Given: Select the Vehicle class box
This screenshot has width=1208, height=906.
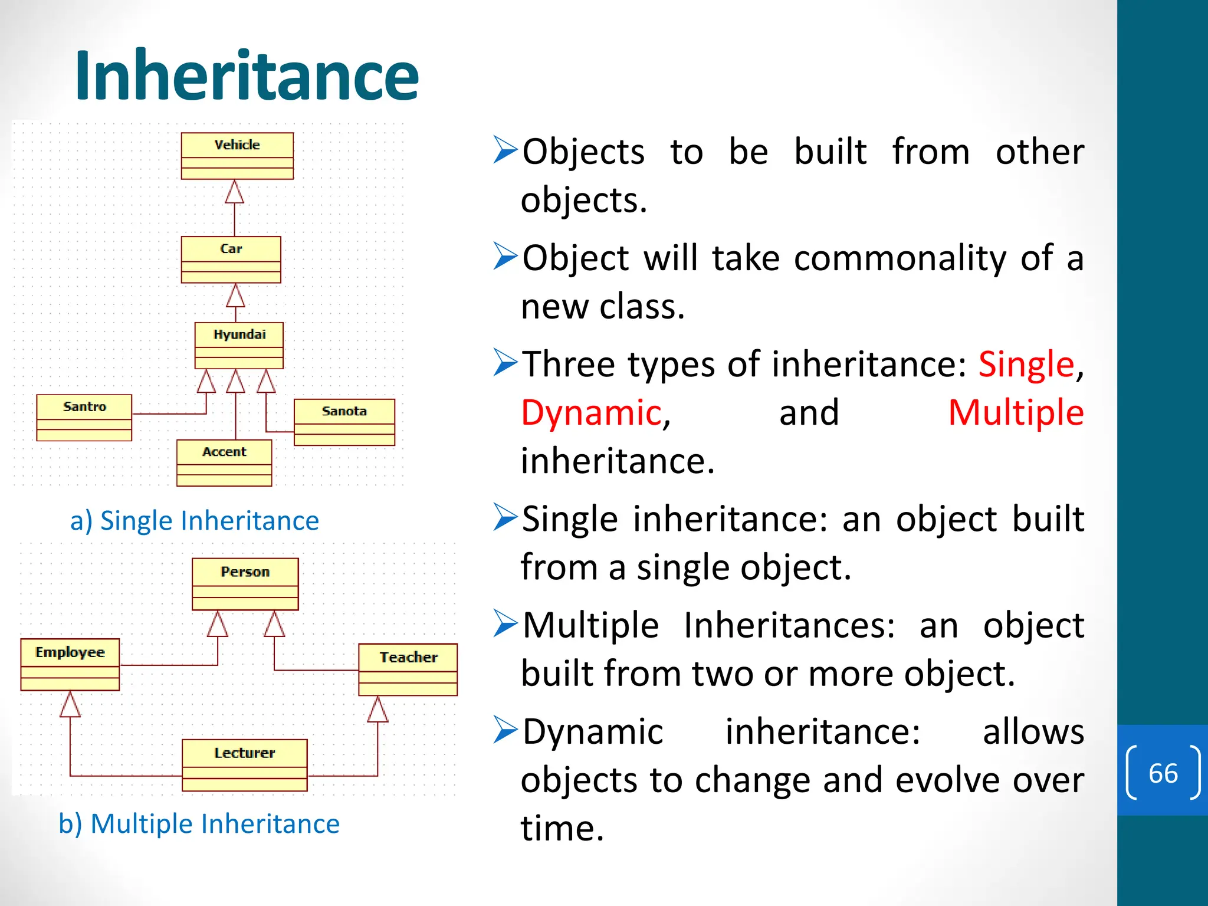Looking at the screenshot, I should point(237,156).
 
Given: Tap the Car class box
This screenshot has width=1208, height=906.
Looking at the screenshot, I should point(231,260).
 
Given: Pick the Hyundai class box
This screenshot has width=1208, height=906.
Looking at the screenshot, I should point(239,345).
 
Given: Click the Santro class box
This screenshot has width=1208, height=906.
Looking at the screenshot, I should point(84,418).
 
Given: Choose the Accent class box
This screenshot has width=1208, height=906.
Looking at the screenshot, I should point(224,462).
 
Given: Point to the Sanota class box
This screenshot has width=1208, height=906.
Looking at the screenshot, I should point(344,422).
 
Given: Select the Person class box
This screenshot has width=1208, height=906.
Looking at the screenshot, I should point(245,584).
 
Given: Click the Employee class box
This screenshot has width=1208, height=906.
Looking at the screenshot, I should point(70,664).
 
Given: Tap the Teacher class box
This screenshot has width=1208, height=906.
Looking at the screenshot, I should point(408,669).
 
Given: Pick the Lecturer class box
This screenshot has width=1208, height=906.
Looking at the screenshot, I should point(244,764).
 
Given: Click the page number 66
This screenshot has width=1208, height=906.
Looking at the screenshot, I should point(1163,773).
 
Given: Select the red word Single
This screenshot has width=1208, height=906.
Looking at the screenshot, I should point(1026,364).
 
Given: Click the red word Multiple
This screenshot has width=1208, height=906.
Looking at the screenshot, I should point(1015,412).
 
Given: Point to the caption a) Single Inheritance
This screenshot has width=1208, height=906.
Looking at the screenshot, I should point(194,521).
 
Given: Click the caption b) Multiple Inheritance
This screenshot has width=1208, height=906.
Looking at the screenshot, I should point(199,823).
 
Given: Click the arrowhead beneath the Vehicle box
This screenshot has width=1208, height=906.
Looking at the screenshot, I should point(235,192).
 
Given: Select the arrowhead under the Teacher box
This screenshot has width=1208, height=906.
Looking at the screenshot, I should point(377,710).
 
